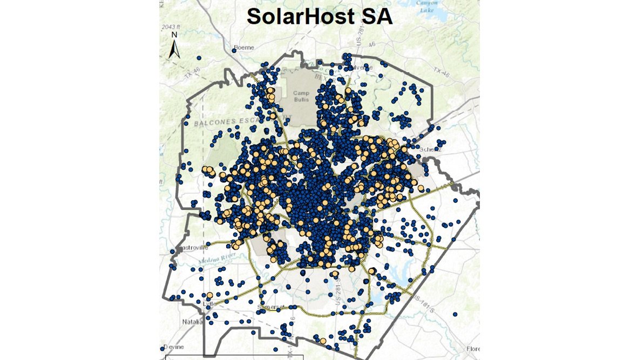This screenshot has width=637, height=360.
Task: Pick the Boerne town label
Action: point(244,47)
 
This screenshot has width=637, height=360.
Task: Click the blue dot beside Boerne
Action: point(234,50)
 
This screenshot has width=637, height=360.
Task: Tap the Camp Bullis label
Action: point(302,96)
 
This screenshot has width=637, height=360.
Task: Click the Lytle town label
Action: point(209,303)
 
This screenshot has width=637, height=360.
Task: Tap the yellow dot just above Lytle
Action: point(209,295)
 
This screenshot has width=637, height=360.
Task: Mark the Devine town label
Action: point(174,346)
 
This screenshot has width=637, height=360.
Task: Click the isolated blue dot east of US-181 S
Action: point(455,314)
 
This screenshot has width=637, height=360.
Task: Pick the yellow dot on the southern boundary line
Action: point(322,341)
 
